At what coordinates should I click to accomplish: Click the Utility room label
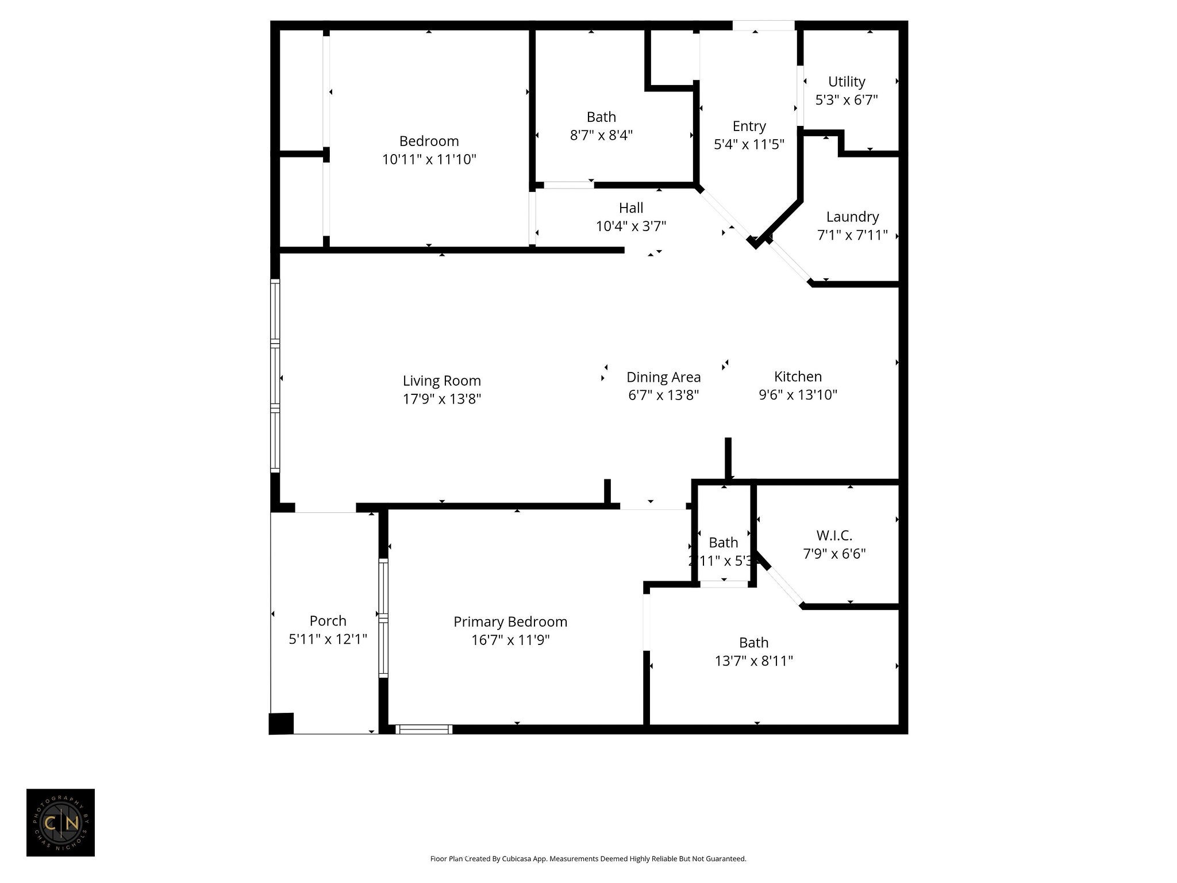point(847,82)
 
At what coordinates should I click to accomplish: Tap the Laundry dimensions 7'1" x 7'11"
point(852,235)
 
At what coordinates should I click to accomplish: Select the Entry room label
point(749,126)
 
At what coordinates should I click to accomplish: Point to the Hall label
point(631,208)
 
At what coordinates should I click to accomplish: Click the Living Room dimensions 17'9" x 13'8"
point(441,399)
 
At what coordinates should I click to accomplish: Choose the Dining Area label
point(663,377)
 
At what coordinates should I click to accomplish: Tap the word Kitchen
point(798,377)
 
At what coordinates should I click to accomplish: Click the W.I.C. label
point(834,535)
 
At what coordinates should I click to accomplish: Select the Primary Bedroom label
point(510,621)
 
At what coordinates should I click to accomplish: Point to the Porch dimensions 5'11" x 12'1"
point(328,639)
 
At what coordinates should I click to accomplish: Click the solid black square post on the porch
point(282,723)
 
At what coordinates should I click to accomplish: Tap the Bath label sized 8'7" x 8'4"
point(601,117)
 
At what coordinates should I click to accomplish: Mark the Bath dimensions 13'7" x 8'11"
point(753,661)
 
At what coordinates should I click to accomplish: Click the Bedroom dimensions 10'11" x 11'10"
point(429,159)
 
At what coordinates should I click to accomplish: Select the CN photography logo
point(60,823)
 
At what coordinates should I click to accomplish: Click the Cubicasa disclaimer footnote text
point(588,859)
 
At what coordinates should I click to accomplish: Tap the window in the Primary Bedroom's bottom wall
point(424,730)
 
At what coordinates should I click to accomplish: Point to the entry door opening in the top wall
point(763,25)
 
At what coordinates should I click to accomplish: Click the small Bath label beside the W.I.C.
point(723,542)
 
